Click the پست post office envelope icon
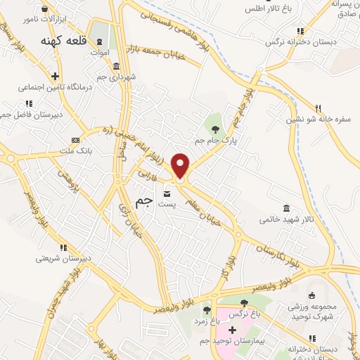click(167, 193)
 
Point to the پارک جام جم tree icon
click(214, 128)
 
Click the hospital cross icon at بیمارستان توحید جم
click(232, 330)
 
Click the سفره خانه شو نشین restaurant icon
click(318, 108)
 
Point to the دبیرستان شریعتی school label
click(64, 258)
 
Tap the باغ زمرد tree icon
click(207, 309)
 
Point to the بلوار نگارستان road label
click(278, 255)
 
